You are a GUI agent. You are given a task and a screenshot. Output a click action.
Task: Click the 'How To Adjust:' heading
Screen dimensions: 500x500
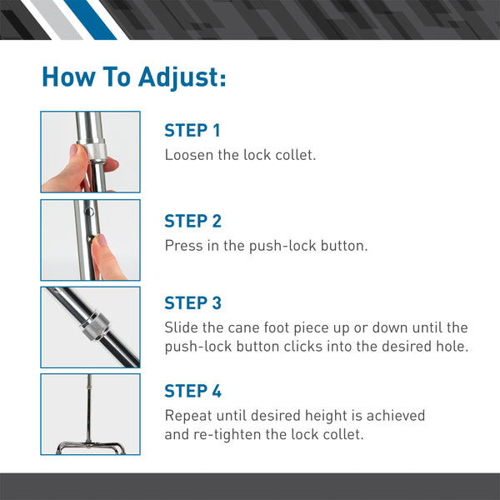pos(134,77)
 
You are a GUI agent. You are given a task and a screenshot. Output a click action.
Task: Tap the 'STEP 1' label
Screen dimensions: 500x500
pos(192,131)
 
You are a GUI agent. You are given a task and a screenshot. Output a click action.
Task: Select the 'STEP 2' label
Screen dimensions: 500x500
pos(193,221)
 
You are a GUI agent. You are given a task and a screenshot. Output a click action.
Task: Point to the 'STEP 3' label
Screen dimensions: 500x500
pos(193,303)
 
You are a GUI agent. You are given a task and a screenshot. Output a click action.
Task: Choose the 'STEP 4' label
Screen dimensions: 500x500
pos(193,391)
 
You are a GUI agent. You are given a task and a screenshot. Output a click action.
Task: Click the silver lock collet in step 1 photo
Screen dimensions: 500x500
pos(96,152)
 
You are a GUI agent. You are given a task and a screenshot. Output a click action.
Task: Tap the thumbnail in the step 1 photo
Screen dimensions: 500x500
pos(73,149)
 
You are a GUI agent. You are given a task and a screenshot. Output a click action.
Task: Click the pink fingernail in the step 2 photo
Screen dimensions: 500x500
pos(102,239)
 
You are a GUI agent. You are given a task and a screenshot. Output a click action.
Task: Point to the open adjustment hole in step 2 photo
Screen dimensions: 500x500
pos(90,211)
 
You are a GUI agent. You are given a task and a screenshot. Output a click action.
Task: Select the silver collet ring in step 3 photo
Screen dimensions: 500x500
pos(95,327)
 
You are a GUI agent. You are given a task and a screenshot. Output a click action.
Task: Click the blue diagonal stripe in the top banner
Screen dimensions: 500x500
pos(90,20)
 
